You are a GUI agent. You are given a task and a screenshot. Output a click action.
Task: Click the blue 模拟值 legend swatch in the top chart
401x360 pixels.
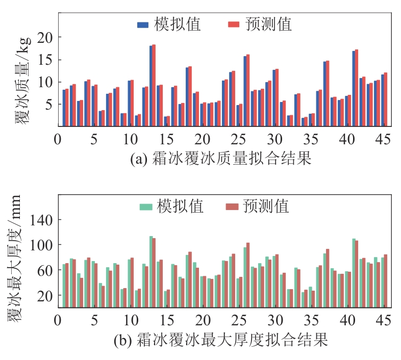pos(143,24)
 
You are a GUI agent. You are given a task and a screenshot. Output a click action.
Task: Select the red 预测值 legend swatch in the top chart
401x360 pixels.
pos(233,24)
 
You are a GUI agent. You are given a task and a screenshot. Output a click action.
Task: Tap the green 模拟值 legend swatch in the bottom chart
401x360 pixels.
pos(146,207)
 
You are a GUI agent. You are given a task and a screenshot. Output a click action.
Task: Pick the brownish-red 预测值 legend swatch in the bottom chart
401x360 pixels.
pos(232,207)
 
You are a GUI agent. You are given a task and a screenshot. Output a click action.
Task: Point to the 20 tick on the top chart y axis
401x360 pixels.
pos(45,38)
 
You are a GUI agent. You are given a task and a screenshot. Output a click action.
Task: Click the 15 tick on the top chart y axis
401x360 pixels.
pos(45,60)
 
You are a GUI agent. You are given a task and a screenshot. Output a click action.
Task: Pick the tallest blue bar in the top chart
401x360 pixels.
pos(151,86)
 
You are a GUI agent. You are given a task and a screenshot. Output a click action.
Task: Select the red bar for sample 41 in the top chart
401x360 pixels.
pos(357,88)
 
